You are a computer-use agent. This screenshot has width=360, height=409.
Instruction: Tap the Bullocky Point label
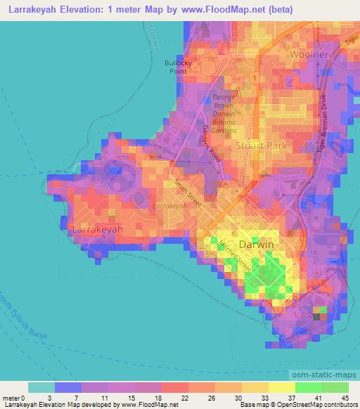(178, 66)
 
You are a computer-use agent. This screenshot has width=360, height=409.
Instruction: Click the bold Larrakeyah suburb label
(98, 229)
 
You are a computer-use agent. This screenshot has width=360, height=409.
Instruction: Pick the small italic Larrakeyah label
(170, 206)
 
